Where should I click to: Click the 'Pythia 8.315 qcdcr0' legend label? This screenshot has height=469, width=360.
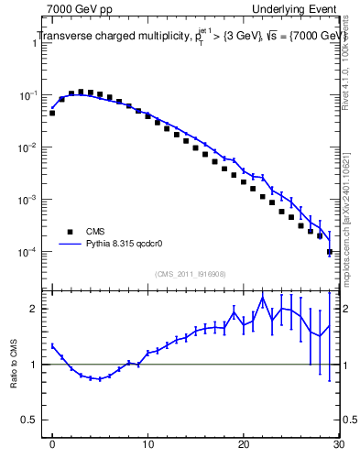coord(127,245)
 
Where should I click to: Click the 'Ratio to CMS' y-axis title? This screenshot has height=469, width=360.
coord(13,365)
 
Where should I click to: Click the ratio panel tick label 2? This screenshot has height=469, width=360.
coord(35,309)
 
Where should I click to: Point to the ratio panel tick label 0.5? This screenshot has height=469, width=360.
coord(31,420)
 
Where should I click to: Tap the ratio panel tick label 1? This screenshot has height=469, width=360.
coord(35,365)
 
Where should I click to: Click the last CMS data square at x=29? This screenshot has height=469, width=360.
coord(329,251)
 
